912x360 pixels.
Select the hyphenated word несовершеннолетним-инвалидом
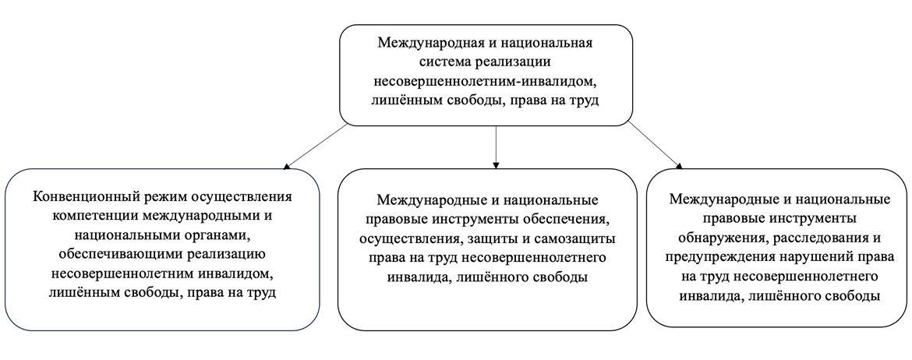(x=486, y=81)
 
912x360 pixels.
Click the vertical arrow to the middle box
(x=496, y=146)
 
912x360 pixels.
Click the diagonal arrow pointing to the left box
(x=316, y=146)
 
